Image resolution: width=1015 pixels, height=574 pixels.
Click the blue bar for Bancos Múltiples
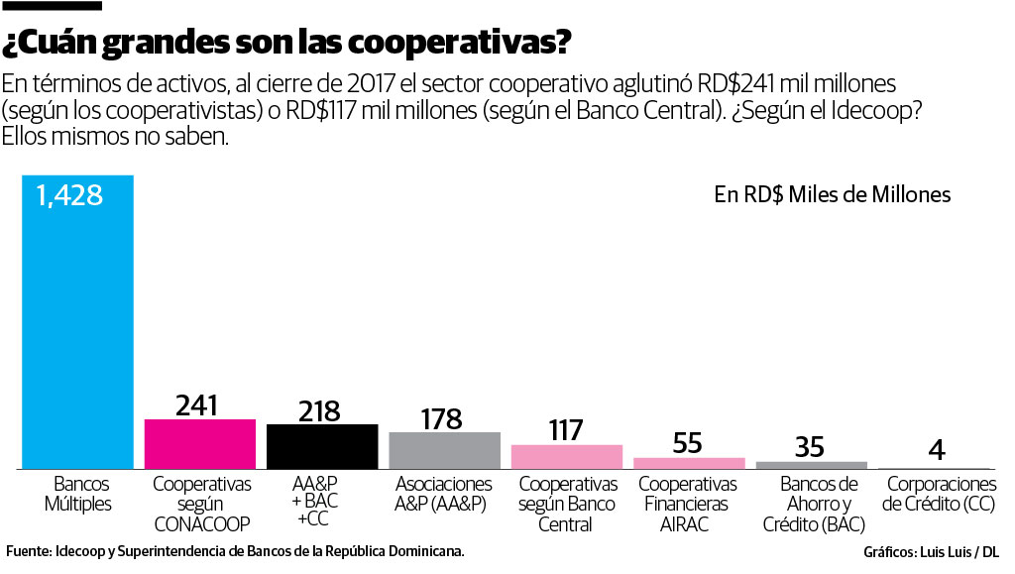tap(77, 327)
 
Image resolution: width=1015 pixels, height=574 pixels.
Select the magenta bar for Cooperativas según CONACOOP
tap(200, 443)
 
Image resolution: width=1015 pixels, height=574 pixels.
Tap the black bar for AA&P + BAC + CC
tap(322, 446)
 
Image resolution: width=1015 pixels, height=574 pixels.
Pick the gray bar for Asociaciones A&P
tap(444, 450)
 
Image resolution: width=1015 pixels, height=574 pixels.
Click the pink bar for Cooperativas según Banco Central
tap(566, 456)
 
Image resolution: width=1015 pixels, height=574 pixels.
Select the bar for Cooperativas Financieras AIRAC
tap(688, 462)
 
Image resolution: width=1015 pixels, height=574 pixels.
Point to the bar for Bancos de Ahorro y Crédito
tap(811, 464)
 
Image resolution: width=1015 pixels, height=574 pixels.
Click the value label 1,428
tap(69, 195)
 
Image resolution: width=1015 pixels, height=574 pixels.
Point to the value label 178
tap(441, 418)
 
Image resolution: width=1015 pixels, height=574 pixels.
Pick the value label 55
tap(687, 443)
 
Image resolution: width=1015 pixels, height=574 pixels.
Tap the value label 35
tap(810, 447)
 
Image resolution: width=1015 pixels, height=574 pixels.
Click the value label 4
tap(935, 451)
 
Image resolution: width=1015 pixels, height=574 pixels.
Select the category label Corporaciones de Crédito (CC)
tap(939, 494)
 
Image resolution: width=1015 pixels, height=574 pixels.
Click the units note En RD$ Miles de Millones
tap(833, 194)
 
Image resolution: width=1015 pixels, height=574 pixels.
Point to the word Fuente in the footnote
tap(28, 550)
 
